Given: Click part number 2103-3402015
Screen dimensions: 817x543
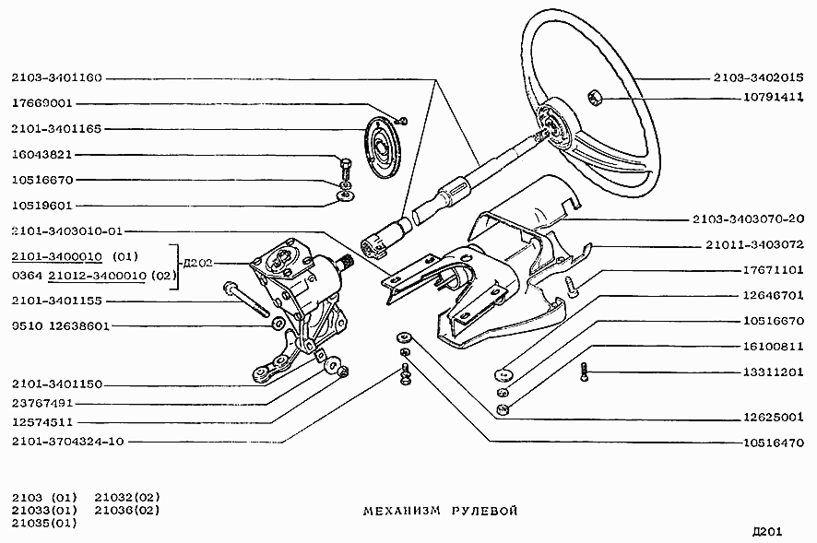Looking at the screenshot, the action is pyautogui.click(x=758, y=78).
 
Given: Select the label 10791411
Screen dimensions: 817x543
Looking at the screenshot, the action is pyautogui.click(x=774, y=98).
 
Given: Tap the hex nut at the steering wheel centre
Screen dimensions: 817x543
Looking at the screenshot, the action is pyautogui.click(x=595, y=97).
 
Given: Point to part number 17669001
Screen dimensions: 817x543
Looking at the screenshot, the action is pyautogui.click(x=42, y=103).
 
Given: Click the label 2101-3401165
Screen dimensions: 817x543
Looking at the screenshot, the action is pyautogui.click(x=56, y=129).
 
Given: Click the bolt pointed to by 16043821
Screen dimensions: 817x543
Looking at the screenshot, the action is pyautogui.click(x=345, y=168).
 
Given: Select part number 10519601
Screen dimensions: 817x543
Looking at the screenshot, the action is pyautogui.click(x=41, y=206).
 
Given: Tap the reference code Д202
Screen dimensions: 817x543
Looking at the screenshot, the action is pyautogui.click(x=198, y=263).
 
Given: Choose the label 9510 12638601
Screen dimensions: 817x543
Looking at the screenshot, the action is pyautogui.click(x=61, y=326).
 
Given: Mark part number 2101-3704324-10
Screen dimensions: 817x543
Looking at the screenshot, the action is pyautogui.click(x=67, y=442).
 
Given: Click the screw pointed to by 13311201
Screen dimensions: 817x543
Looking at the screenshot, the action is pyautogui.click(x=584, y=372).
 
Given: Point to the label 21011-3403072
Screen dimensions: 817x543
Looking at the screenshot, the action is pyautogui.click(x=754, y=244).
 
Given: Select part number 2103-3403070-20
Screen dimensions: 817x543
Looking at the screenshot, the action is pyautogui.click(x=748, y=218).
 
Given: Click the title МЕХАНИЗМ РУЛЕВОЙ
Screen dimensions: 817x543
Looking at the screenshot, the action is pyautogui.click(x=440, y=511).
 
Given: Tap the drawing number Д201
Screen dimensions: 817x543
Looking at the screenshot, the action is pyautogui.click(x=767, y=532).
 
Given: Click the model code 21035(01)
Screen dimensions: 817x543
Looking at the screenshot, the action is pyautogui.click(x=44, y=523).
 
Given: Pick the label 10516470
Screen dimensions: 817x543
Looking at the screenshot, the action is pyautogui.click(x=774, y=443).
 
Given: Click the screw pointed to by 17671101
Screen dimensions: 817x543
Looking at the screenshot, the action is pyautogui.click(x=571, y=287).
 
